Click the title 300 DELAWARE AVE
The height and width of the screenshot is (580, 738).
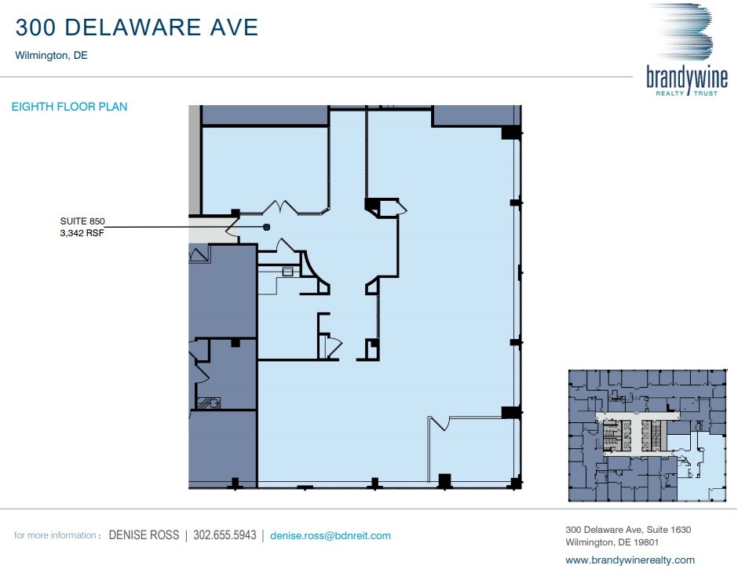click(137, 27)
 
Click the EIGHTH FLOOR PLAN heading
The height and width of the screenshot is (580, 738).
click(69, 107)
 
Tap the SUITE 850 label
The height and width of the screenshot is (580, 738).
click(82, 222)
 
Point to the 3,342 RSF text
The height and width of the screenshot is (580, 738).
click(82, 233)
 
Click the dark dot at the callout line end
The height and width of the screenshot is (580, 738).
click(266, 227)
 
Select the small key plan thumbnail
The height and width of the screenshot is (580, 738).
click(648, 434)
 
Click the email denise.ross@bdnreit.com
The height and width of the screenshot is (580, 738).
click(330, 536)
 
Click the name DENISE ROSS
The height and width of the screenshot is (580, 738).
click(144, 536)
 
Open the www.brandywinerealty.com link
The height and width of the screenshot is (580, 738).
click(630, 560)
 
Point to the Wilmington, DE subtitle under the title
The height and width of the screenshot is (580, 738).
click(51, 56)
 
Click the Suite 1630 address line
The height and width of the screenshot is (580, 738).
click(628, 530)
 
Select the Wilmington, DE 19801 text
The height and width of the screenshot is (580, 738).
click(611, 542)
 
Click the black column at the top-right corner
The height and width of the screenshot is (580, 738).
click(510, 133)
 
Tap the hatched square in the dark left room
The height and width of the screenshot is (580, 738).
click(210, 403)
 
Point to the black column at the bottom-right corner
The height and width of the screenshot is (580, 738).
click(516, 483)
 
